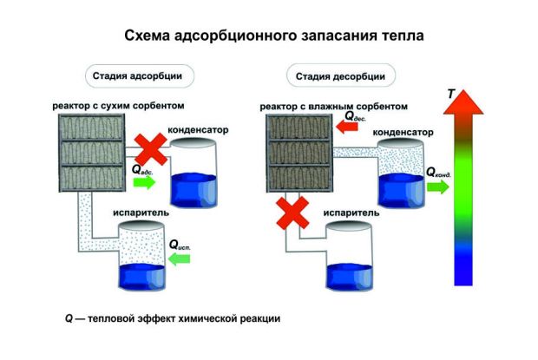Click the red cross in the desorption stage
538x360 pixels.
click(294, 210)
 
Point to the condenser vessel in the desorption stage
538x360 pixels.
click(401, 171)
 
